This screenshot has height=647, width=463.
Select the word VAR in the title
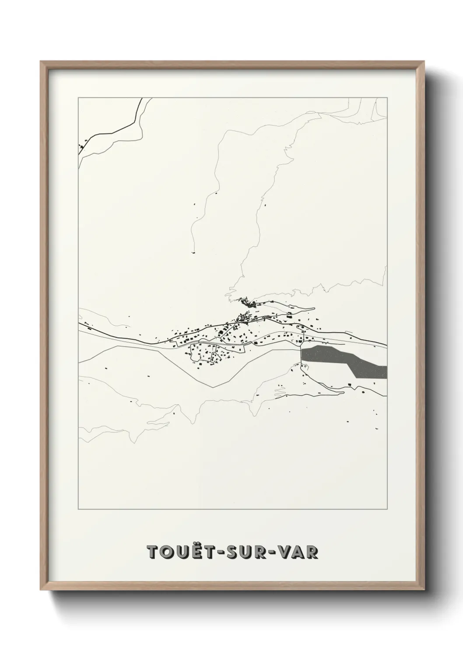pyautogui.click(x=299, y=552)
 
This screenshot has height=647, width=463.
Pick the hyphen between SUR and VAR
pyautogui.click(x=272, y=552)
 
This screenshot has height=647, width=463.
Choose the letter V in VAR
pyautogui.click(x=285, y=552)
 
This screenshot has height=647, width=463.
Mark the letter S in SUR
pyautogui.click(x=228, y=552)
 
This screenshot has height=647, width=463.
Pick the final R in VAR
pyautogui.click(x=312, y=552)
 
